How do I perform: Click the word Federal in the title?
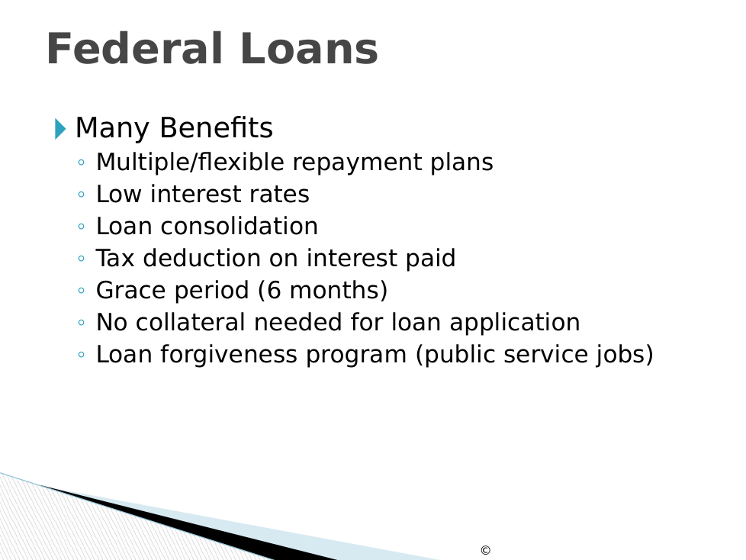tap(135, 49)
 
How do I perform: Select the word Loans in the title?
tap(309, 49)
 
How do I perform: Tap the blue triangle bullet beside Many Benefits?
tap(60, 129)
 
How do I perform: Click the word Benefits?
tap(217, 127)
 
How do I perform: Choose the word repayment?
tap(357, 163)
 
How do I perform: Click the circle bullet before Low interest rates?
tap(82, 194)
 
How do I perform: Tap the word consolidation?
tap(240, 226)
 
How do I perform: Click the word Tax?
tap(115, 258)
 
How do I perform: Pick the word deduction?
tap(201, 258)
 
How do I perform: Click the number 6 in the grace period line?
tap(274, 290)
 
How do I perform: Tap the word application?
tap(515, 323)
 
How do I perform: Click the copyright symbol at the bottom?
tap(485, 550)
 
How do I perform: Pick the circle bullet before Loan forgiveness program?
tap(82, 355)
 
